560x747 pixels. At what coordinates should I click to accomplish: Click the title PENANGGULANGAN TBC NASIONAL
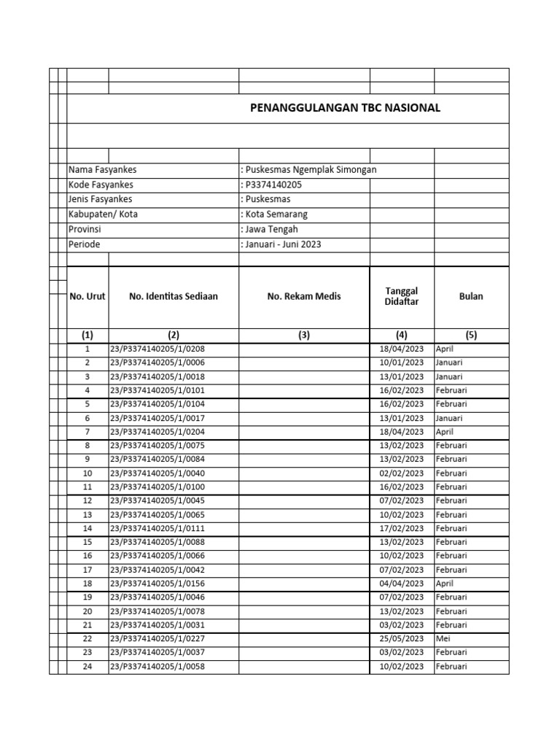coord(345,108)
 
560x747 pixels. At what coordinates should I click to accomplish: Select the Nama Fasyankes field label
coord(102,170)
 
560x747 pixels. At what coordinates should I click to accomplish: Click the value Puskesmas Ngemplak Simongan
coord(309,170)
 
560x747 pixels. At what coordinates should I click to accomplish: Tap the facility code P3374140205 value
coord(271,185)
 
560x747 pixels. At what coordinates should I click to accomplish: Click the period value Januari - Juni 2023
coord(280,244)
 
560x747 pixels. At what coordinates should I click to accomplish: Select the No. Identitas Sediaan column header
coord(173,297)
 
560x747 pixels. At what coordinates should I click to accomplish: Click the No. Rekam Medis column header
coord(304,297)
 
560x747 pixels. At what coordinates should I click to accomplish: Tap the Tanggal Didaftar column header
coord(402,297)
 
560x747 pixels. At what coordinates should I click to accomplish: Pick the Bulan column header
coord(471,297)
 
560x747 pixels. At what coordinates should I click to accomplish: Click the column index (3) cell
coord(304,336)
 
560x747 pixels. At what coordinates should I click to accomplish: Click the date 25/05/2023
coord(402,639)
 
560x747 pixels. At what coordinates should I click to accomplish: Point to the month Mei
coord(443,639)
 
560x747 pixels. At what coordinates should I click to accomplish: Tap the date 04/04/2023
coord(402,584)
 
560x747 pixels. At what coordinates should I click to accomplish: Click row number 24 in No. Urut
coord(87,667)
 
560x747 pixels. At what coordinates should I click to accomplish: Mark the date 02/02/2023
coord(402,473)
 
